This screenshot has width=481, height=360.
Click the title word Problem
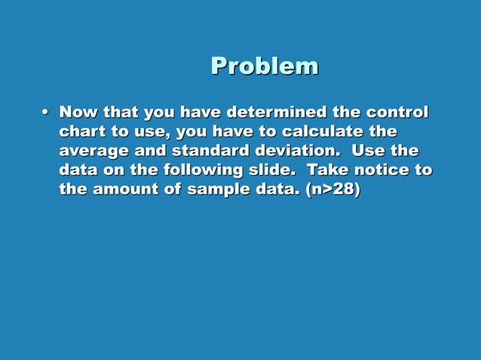[x=264, y=66]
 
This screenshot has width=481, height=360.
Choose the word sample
[x=219, y=190]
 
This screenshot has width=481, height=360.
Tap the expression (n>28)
[x=333, y=190]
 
